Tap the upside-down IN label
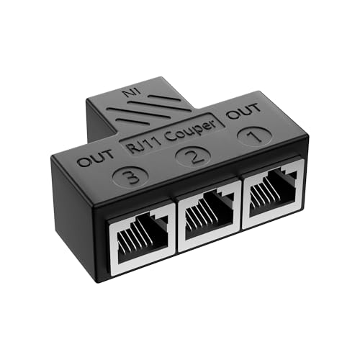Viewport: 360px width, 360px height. [x=130, y=92]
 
